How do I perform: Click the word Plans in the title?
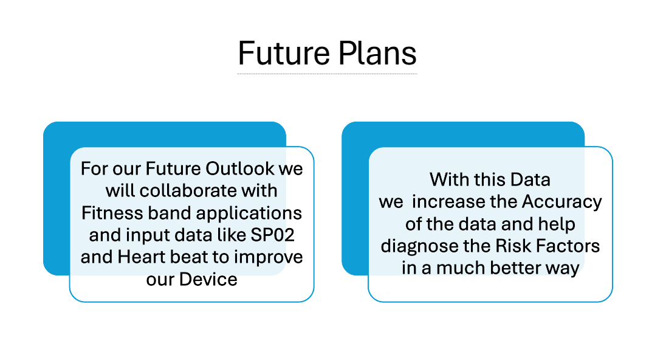[x=377, y=54]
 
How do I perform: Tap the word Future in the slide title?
[x=284, y=54]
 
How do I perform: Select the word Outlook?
[x=240, y=168]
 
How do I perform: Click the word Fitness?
[x=112, y=213]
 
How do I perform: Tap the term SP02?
[x=272, y=235]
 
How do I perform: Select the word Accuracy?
[x=561, y=202]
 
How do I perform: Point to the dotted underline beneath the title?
[x=327, y=74]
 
